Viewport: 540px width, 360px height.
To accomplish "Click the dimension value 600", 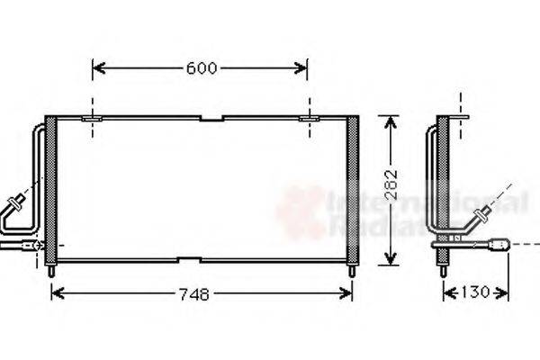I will [x=202, y=67].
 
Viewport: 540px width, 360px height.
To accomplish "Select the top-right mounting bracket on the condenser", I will [x=308, y=118].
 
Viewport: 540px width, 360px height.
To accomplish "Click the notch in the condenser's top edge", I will [x=211, y=118].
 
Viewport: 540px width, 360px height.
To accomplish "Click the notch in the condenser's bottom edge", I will [x=188, y=261].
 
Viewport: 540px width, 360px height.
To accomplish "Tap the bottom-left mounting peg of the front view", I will [x=50, y=270].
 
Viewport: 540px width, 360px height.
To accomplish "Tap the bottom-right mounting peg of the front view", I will [x=352, y=270].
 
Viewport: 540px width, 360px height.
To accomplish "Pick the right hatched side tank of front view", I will [x=352, y=189].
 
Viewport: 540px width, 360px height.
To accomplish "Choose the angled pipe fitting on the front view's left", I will [x=16, y=203].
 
